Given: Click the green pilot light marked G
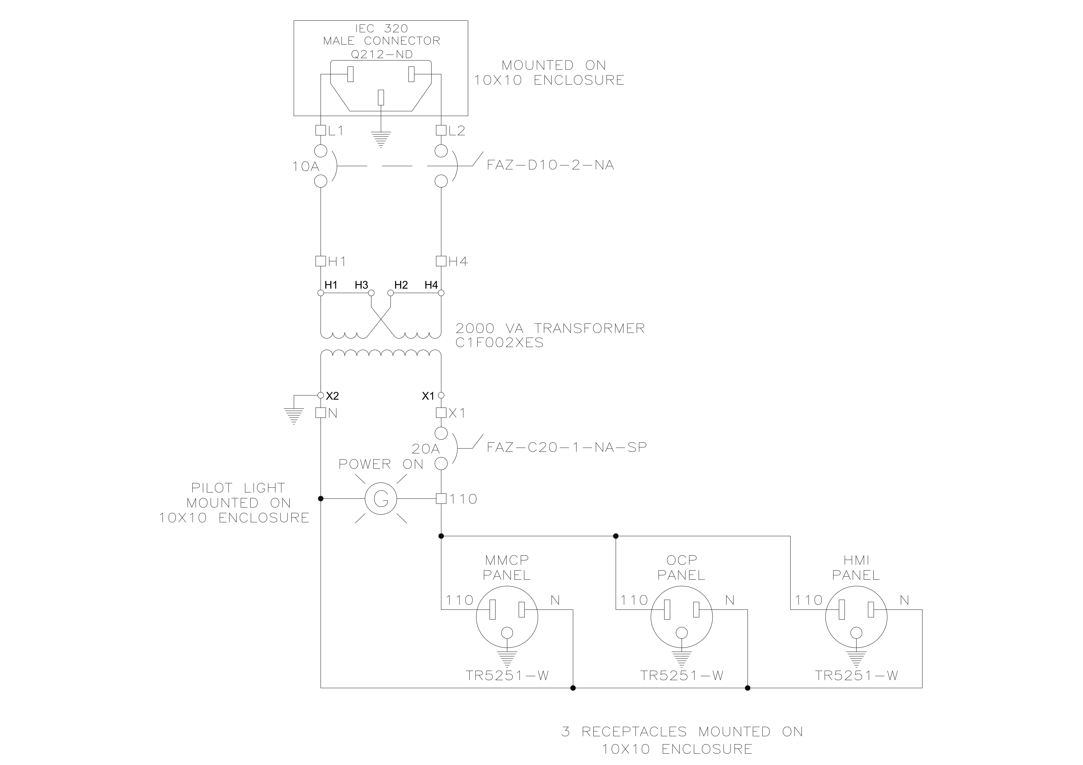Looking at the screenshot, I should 381,498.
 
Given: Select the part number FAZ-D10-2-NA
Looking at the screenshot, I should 550,165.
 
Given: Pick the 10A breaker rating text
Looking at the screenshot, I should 306,166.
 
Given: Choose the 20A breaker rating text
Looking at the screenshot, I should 425,449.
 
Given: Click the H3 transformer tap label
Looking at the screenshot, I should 361,285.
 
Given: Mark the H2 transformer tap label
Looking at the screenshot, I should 401,285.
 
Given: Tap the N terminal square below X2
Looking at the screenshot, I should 321,413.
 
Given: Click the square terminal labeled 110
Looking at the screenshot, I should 441,498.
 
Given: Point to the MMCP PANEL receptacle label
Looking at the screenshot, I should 507,567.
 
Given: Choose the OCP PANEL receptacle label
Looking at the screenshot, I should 682,567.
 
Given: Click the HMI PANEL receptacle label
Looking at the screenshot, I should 856,567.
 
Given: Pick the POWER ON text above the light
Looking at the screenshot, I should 381,464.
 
